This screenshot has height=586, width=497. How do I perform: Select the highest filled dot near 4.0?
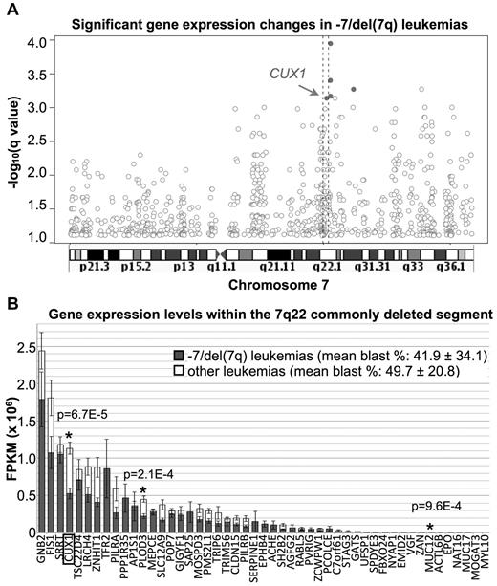330,43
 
